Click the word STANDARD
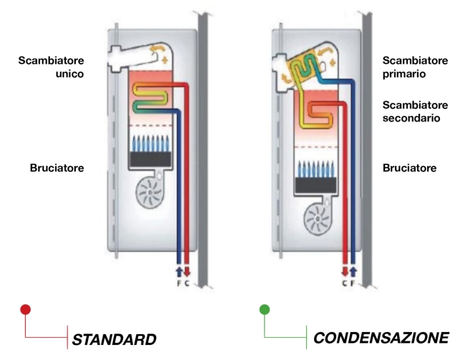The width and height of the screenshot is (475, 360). tap(114, 338)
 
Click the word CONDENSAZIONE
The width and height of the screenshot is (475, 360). tap(381, 337)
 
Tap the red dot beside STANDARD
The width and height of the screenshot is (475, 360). tap(26, 310)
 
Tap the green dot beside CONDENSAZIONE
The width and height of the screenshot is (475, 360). tap(265, 310)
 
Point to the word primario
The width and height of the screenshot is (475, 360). tap(405, 73)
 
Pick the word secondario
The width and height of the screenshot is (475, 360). tap(411, 117)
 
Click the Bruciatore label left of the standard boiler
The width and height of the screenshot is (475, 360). tap(57, 168)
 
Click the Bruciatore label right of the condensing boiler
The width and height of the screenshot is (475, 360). tap(409, 168)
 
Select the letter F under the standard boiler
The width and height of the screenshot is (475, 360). tap(179, 282)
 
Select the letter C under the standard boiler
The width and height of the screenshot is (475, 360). tap(187, 282)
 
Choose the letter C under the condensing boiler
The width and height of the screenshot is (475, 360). tap(344, 282)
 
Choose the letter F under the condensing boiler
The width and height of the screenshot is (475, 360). tap(353, 282)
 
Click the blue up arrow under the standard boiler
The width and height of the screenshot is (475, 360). tap(179, 272)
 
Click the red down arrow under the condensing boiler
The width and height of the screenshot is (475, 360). tap(344, 272)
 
